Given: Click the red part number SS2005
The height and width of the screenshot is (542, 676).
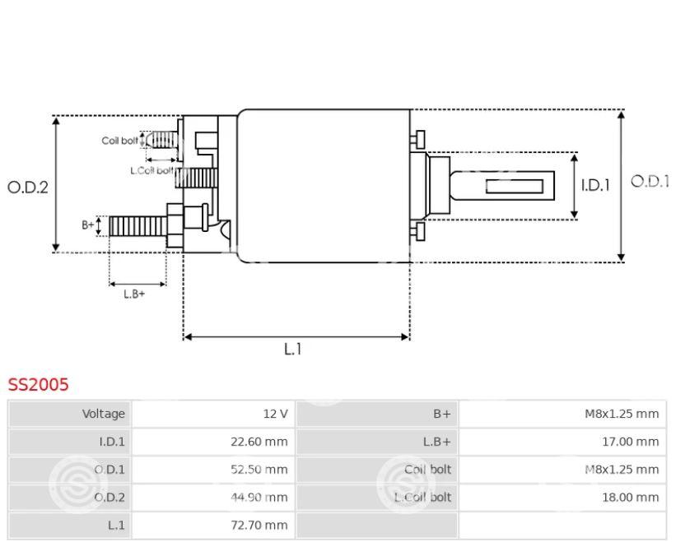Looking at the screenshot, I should point(39,384).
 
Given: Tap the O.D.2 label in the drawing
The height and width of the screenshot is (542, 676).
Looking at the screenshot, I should point(28,187).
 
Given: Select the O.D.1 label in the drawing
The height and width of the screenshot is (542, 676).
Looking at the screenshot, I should point(650,182).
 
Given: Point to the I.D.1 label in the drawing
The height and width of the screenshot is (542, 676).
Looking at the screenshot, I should point(594,186).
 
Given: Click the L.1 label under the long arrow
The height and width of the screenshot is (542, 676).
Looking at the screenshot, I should point(293,350).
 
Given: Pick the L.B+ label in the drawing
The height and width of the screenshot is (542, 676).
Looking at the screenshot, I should point(134,294).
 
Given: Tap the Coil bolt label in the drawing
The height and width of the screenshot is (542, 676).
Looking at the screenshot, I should point(120,141).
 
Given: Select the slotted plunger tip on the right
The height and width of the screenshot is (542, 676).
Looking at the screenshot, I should point(514,186).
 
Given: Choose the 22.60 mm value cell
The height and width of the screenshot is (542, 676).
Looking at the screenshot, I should point(259,442).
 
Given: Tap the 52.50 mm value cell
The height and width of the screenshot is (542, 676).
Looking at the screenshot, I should point(259,470).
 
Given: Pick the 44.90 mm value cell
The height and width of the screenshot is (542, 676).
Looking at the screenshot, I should point(259,497).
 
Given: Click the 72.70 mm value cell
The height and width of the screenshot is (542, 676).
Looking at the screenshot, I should point(259,524).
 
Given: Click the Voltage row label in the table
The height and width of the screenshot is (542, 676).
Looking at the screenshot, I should point(104,414).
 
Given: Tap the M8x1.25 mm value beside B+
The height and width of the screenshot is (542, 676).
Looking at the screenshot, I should point(622,414).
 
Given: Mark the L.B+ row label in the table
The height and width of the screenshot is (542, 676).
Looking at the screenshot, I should point(434,442).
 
